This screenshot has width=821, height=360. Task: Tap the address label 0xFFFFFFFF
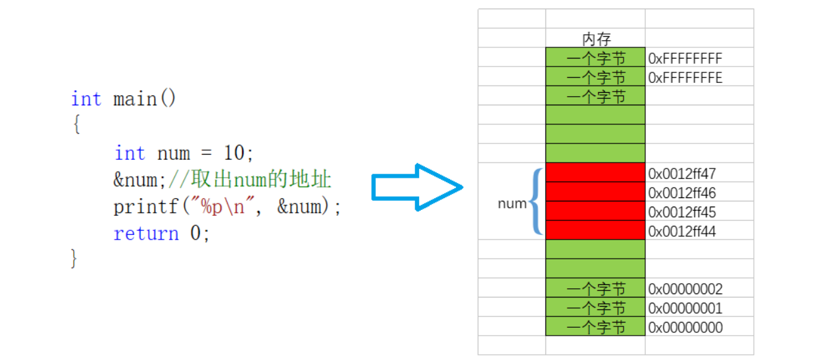(685, 59)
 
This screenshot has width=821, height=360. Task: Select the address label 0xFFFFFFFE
(685, 78)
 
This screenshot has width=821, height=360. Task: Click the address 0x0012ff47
(682, 174)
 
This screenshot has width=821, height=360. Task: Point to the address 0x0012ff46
(682, 193)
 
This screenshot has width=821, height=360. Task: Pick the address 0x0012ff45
(682, 212)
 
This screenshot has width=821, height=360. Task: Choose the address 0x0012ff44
(682, 231)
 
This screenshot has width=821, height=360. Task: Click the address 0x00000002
(685, 289)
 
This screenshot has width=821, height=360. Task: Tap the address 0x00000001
(685, 308)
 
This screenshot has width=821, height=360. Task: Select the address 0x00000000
(685, 327)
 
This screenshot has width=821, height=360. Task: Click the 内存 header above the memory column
(596, 39)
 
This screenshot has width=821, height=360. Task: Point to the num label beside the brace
(512, 203)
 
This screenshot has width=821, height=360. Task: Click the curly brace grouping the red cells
(536, 202)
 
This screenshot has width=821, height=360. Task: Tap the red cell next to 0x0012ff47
(595, 172)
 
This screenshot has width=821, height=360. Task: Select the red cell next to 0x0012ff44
(595, 230)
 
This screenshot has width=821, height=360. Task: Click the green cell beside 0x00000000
(595, 327)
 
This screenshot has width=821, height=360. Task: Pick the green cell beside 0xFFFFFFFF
(595, 58)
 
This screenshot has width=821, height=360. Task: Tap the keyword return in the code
(145, 234)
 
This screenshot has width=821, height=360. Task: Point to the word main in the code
(135, 99)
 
